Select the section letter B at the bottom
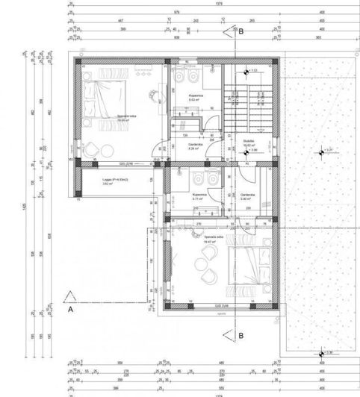(241, 335)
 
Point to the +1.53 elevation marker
(252, 71)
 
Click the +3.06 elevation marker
(252, 150)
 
